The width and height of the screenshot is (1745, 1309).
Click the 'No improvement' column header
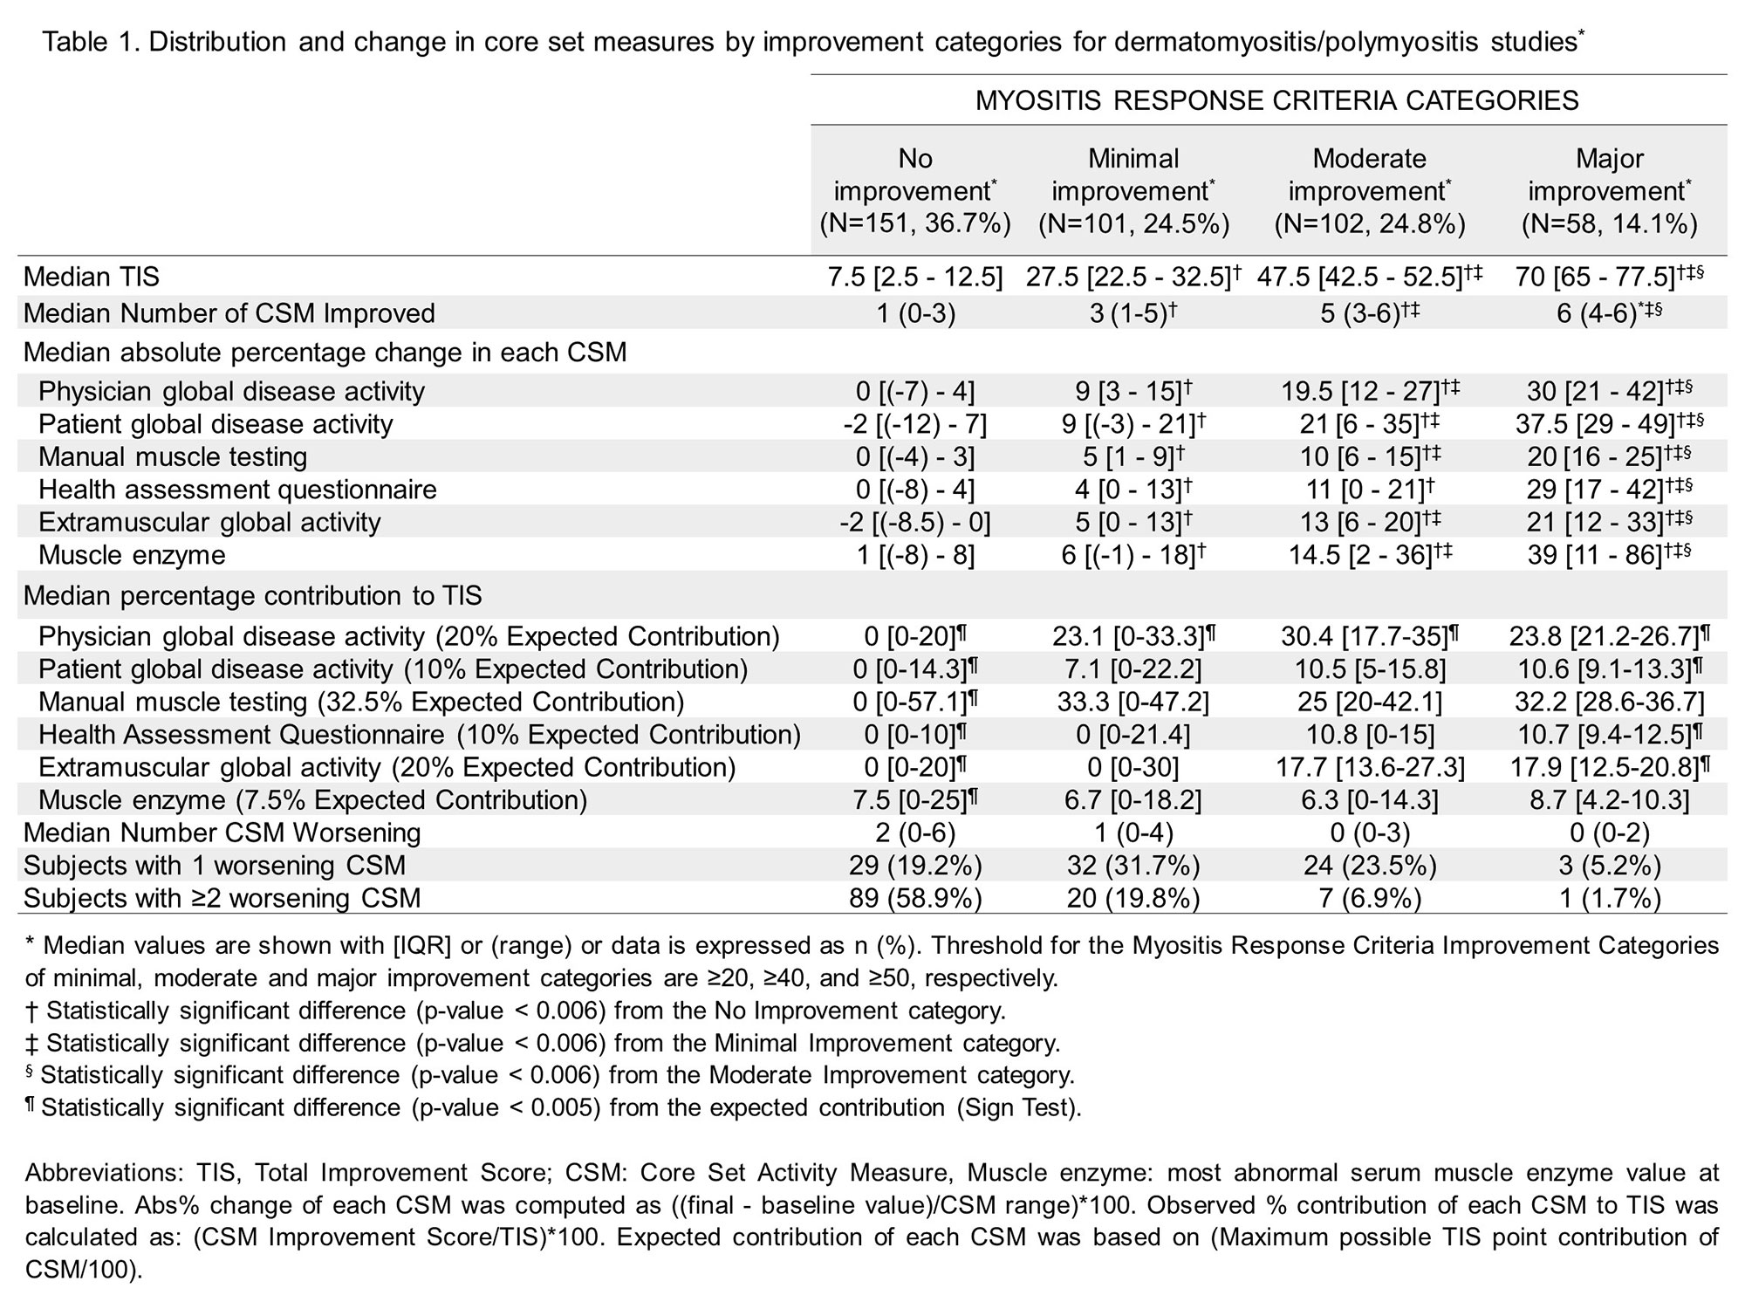point(915,191)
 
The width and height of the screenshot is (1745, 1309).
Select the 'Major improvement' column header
point(1610,191)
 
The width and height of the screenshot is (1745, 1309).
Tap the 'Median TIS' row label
point(92,277)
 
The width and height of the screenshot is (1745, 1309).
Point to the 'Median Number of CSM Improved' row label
point(229,313)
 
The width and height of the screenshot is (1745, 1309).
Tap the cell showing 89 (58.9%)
point(915,898)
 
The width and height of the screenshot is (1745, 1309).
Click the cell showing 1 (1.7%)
point(1610,898)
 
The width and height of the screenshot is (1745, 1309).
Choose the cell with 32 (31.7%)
point(1133,865)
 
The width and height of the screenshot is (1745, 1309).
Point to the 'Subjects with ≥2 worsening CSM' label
point(222,898)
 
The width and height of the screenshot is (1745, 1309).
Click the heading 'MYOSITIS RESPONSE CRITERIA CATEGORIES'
point(1276,100)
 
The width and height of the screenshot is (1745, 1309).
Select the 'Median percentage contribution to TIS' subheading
point(252,596)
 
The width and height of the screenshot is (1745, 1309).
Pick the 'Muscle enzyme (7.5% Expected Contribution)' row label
point(312,800)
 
